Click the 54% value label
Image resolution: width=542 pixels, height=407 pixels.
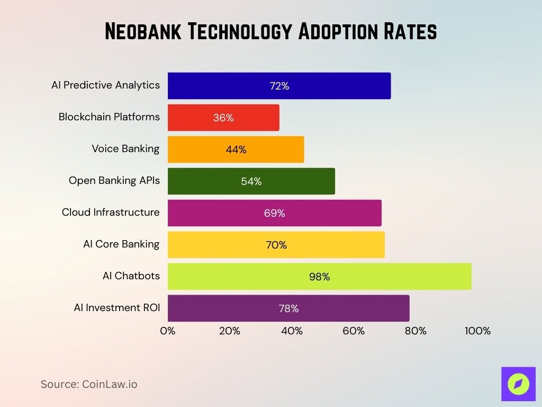click(x=251, y=181)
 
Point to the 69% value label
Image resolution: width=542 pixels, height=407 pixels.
click(x=274, y=213)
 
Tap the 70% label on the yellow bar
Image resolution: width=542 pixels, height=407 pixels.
click(x=276, y=245)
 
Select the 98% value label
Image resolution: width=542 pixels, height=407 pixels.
click(x=319, y=277)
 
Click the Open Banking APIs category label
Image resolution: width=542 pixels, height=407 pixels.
click(x=114, y=181)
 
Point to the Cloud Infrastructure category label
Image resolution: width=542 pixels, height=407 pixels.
click(x=110, y=213)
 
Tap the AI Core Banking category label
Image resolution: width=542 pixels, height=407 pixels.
click(x=121, y=244)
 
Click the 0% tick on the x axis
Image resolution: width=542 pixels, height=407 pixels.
click(x=168, y=331)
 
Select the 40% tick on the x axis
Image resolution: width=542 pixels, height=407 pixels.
click(x=292, y=331)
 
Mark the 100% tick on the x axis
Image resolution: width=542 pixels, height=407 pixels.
click(x=477, y=331)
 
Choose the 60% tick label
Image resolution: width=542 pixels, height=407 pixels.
click(x=354, y=331)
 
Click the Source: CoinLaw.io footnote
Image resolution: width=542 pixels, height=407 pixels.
click(x=89, y=384)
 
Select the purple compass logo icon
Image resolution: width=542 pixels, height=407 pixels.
click(x=518, y=384)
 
